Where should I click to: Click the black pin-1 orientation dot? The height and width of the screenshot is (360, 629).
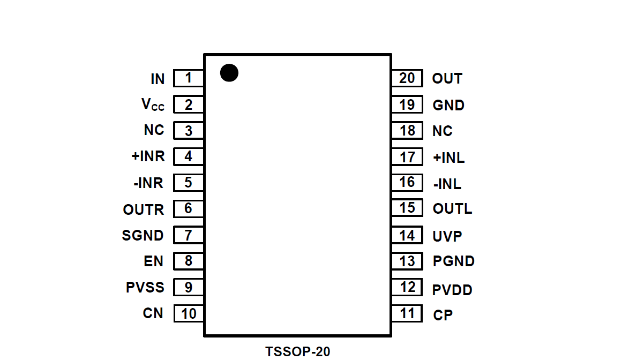point(229,73)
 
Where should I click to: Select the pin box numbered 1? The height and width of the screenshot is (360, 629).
point(189,78)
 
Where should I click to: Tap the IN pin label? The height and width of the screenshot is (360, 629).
point(158,79)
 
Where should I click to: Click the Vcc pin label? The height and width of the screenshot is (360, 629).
point(153,105)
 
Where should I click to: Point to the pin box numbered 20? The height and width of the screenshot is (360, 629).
point(407,78)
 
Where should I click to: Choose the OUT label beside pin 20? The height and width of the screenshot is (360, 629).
point(447,79)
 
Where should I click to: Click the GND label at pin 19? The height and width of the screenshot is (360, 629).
point(448,105)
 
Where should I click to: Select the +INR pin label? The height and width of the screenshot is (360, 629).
point(148,157)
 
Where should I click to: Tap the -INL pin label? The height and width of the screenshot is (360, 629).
point(447,184)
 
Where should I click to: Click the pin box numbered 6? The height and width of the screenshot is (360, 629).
point(189,208)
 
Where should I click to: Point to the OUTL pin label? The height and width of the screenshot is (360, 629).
point(452,208)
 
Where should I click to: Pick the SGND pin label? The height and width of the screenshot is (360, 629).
point(143,235)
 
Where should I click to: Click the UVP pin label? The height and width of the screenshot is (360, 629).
point(447,236)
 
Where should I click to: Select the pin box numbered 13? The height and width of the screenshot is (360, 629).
point(407,261)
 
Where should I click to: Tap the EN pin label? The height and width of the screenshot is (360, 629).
point(154,261)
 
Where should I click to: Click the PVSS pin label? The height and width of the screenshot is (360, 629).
point(145,287)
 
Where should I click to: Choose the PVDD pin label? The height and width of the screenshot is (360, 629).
point(452,290)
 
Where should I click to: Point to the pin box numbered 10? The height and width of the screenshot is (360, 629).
point(189,313)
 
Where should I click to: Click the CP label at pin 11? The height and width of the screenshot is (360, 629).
point(443,315)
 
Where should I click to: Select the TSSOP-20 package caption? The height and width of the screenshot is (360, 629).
point(298,351)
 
